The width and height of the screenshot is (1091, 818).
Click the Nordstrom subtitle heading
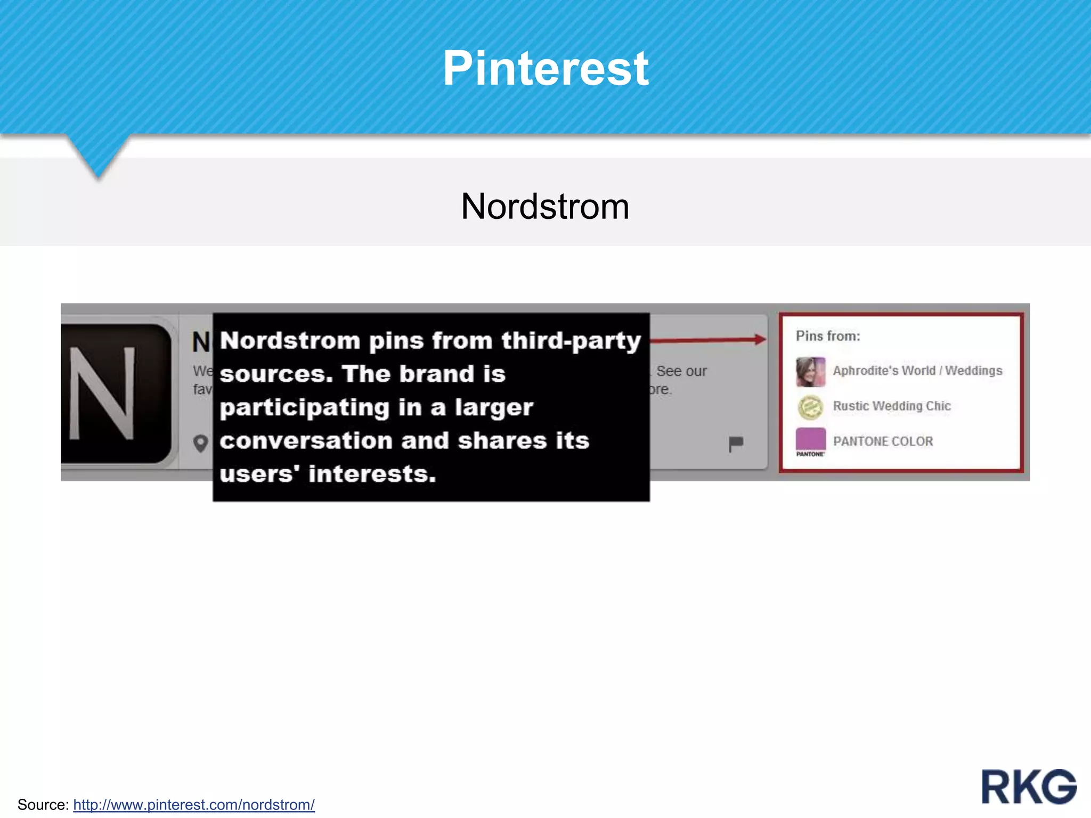click(545, 206)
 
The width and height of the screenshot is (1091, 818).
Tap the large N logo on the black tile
click(102, 394)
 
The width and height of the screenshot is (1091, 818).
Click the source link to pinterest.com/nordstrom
click(194, 804)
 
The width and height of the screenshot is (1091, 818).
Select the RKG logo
click(1029, 787)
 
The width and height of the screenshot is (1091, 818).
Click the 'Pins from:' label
click(828, 336)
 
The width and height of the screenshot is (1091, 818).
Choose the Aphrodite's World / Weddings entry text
click(917, 371)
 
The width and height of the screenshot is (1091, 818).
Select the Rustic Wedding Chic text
click(892, 406)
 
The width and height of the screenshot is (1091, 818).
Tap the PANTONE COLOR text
click(883, 441)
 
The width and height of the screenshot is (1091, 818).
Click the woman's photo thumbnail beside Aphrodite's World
click(810, 372)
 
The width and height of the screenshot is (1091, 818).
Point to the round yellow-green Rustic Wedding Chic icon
click(810, 407)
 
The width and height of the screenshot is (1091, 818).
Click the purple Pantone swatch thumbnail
click(810, 440)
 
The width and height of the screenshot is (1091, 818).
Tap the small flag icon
click(736, 444)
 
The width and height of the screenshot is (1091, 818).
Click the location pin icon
click(201, 443)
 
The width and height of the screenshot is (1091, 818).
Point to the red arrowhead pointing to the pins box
click(760, 339)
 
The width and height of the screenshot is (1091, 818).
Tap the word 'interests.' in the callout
click(372, 474)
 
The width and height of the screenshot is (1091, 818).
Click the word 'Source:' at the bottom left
click(43, 804)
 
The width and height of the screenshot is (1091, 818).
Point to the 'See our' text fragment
click(681, 371)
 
